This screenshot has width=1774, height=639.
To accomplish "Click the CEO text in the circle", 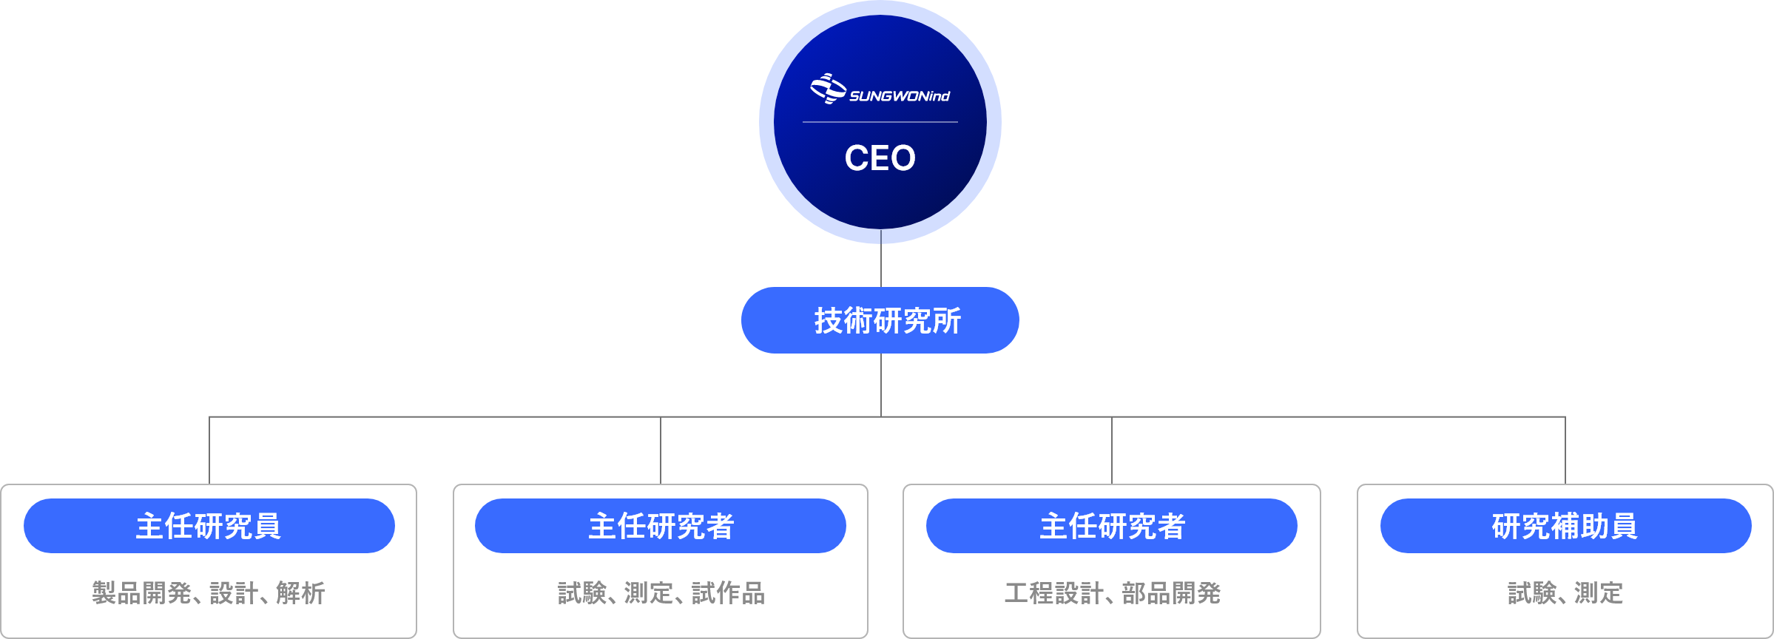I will [x=880, y=158].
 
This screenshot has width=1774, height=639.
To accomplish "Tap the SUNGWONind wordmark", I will [x=899, y=96].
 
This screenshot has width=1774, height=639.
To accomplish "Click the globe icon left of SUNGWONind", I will [x=828, y=89].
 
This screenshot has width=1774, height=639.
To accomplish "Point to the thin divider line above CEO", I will [x=880, y=122].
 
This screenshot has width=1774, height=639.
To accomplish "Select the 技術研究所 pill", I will [x=880, y=320].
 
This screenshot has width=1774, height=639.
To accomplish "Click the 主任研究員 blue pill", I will [x=209, y=526].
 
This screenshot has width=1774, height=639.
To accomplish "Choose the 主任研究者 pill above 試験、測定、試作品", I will [x=660, y=526].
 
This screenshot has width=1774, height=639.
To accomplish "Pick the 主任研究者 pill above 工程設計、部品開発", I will [x=1111, y=526].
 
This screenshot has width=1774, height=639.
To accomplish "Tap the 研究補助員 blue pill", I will [x=1565, y=526].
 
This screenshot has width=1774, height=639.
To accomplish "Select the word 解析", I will [x=300, y=593].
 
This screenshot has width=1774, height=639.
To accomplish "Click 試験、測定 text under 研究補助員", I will [x=1565, y=593].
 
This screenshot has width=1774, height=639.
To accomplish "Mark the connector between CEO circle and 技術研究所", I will [x=880, y=265].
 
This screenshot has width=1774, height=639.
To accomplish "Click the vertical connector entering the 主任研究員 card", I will [x=209, y=451].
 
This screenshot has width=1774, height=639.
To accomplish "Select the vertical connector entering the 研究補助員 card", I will [x=1565, y=451].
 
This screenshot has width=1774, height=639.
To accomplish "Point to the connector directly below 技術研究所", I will [x=880, y=385].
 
